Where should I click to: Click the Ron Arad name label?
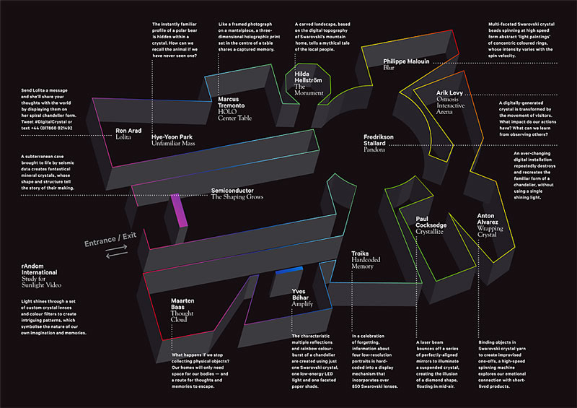[131, 131]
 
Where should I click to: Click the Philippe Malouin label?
[406, 61]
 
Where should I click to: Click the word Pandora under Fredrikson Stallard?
[374, 149]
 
